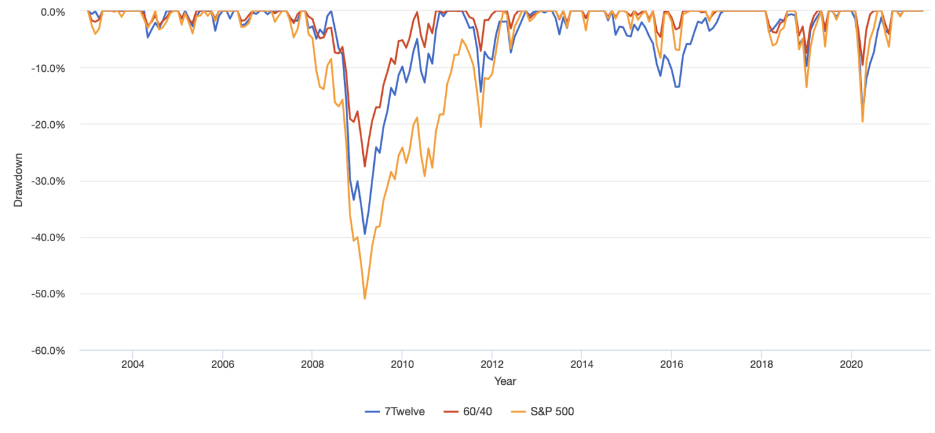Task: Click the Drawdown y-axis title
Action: click(18, 181)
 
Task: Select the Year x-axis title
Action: click(505, 381)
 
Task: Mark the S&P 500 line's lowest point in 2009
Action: click(365, 298)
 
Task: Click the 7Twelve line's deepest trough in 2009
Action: click(365, 234)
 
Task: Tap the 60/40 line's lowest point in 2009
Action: click(365, 166)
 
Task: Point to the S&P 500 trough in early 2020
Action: click(862, 122)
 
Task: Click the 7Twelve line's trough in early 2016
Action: click(677, 86)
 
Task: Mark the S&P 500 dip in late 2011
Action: click(481, 127)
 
